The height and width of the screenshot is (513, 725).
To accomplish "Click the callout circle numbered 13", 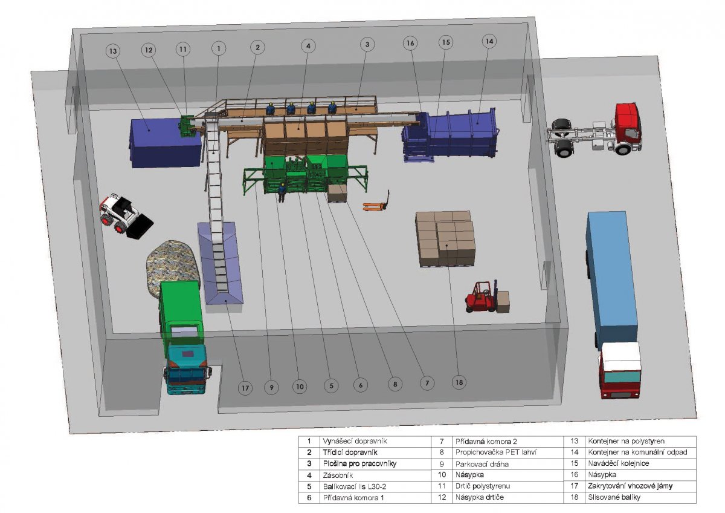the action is click(113, 51).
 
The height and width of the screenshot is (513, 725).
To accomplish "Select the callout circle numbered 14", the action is click(489, 42).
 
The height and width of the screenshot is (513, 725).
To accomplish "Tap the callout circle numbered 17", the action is click(245, 388).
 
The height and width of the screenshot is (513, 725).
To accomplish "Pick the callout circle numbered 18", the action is click(459, 382).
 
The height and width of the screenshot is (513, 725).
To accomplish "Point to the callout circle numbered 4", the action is click(308, 46).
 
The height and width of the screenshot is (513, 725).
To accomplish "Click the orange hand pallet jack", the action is click(376, 202).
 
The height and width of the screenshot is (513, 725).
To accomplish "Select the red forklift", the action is click(482, 297).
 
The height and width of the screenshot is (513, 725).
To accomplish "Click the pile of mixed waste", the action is click(173, 266).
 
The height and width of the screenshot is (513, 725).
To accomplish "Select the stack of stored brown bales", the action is click(446, 239).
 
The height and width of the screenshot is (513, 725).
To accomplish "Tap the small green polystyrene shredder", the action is click(187, 126).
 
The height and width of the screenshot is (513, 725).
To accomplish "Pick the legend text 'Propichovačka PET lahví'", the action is click(496, 452).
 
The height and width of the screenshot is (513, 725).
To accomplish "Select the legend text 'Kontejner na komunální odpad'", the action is click(637, 452).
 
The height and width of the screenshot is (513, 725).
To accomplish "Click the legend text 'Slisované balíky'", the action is click(614, 497).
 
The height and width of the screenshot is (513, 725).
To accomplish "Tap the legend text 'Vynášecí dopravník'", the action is click(355, 441).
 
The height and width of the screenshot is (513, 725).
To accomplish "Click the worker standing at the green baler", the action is click(282, 192).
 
